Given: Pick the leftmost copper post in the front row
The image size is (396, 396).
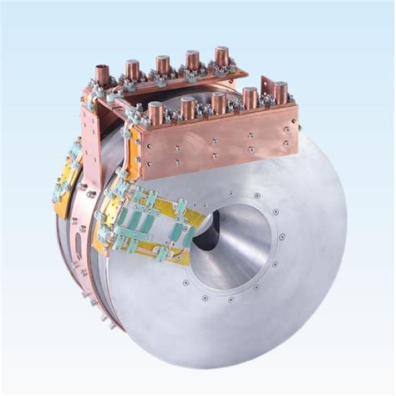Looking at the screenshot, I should point(156,112).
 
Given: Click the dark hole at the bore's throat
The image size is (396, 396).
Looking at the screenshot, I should point(206,226).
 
